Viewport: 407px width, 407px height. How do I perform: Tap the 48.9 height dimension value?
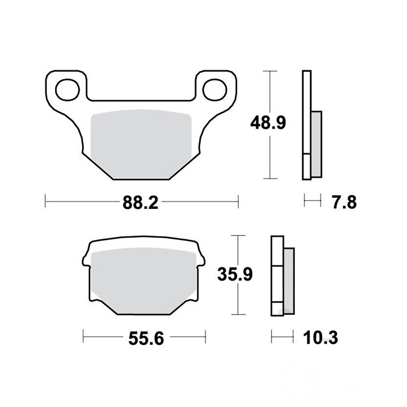tap(268, 123)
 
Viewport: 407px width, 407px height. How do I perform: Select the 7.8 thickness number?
tap(344, 202)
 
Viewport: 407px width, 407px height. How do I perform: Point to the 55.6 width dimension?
tap(146, 339)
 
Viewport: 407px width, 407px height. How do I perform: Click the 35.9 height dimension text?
tap(235, 274)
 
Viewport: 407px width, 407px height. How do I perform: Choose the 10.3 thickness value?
tap(320, 338)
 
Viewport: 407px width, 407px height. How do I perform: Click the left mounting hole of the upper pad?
tap(67, 90)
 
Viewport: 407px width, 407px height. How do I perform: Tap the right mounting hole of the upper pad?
tap(215, 90)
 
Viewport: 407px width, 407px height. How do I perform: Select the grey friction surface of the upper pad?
tap(141, 144)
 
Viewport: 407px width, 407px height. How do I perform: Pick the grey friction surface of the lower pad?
tap(144, 281)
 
